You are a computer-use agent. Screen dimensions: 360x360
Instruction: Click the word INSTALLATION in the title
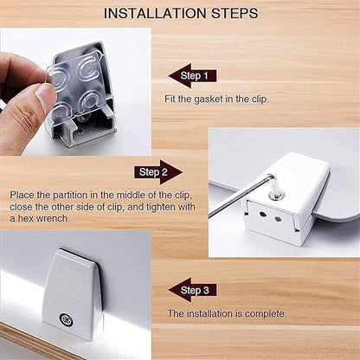click(155, 14)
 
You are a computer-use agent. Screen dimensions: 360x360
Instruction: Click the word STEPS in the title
click(235, 14)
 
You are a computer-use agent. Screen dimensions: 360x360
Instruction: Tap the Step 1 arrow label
click(192, 75)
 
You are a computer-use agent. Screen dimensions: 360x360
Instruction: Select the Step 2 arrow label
click(158, 172)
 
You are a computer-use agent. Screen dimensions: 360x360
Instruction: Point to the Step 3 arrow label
click(192, 290)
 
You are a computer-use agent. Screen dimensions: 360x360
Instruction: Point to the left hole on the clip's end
click(262, 215)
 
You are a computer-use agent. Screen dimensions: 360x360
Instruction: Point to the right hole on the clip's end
click(278, 219)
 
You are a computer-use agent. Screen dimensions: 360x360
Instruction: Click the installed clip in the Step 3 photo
click(73, 294)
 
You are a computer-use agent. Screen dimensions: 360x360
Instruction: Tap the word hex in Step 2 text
click(23, 218)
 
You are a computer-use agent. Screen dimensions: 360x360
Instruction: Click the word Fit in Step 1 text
click(170, 99)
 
